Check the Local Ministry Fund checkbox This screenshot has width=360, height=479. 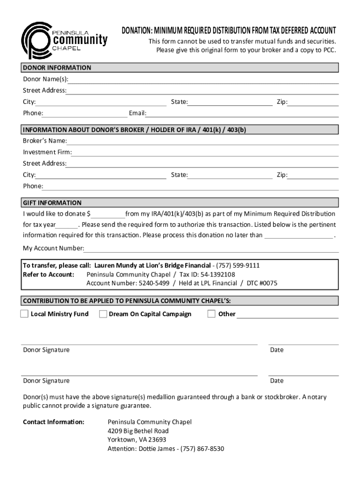tap(24, 314)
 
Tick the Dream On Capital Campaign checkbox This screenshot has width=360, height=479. tap(103, 314)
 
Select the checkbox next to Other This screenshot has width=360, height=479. tap(211, 314)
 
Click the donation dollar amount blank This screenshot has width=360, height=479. tap(108, 214)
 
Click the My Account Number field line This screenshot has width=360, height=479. tap(211, 248)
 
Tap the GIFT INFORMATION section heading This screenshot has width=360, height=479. tap(52, 203)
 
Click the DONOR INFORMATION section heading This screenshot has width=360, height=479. tap(57, 68)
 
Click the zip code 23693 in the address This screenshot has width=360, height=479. tap(157, 440)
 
